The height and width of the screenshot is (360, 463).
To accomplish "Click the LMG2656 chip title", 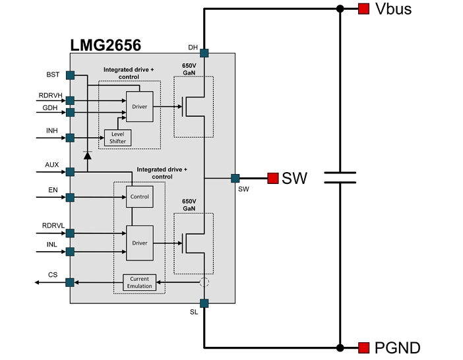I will tap(106, 44).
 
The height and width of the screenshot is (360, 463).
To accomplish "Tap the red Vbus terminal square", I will tap(363, 9).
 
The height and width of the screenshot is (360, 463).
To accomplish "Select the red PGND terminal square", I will tap(363, 347).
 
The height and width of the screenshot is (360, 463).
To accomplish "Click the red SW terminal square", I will tap(272, 178).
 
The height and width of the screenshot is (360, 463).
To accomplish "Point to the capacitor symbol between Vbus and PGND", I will tap(340, 177).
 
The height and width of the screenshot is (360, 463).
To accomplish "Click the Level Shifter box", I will tap(117, 137).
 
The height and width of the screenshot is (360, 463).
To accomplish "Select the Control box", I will tap(139, 196).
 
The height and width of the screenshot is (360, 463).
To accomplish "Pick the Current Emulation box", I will tap(139, 282).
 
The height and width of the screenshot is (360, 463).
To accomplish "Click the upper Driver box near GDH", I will tap(139, 106).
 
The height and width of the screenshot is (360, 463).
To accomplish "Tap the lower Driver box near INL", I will tap(139, 243).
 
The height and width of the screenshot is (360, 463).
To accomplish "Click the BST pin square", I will tap(70, 75).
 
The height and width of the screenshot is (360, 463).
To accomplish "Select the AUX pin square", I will tap(70, 171).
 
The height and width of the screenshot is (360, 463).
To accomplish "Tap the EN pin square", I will tap(70, 196).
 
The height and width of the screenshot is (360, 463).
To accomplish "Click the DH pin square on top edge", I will tap(204, 53).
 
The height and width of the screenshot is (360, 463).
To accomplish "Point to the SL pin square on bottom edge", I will tap(204, 303).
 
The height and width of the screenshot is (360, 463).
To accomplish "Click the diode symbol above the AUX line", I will tap(87, 156).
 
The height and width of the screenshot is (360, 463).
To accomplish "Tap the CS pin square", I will tap(70, 282).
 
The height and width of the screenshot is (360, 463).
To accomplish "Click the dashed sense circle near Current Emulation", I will tap(204, 282).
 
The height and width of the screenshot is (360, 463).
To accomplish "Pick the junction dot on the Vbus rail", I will tap(340, 9).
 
